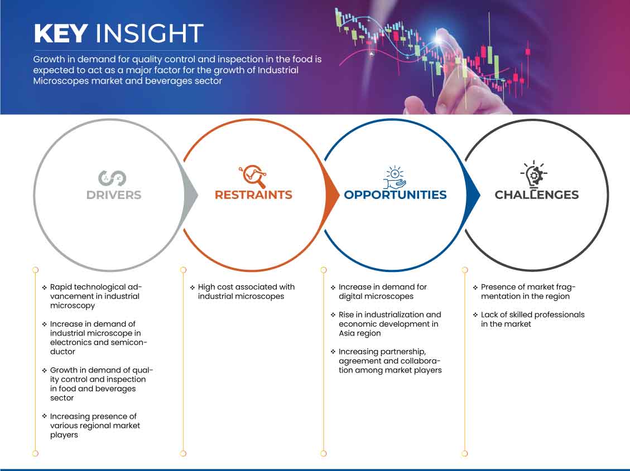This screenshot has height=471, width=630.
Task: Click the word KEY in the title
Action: pos(60,33)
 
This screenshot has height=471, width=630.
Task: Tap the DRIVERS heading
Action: pos(114,195)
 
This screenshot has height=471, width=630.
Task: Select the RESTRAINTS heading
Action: pos(253,195)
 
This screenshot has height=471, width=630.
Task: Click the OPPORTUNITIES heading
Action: pos(395,195)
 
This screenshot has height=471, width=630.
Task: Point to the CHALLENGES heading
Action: pos(536,195)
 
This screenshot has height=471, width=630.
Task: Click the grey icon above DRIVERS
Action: pos(112,178)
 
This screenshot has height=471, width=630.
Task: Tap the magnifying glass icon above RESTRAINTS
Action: pos(253,176)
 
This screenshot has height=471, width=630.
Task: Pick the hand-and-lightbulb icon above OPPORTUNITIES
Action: pos(395,177)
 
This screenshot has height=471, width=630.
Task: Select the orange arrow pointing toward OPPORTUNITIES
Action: pos(333,195)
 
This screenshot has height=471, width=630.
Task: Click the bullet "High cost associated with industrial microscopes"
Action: pos(246,292)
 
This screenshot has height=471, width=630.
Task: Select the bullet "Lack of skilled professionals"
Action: pos(532,319)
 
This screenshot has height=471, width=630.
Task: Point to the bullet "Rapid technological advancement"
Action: pos(95,296)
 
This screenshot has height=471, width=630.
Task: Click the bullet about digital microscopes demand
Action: pos(382,292)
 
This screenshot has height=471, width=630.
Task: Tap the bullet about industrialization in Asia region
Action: pos(389,324)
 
